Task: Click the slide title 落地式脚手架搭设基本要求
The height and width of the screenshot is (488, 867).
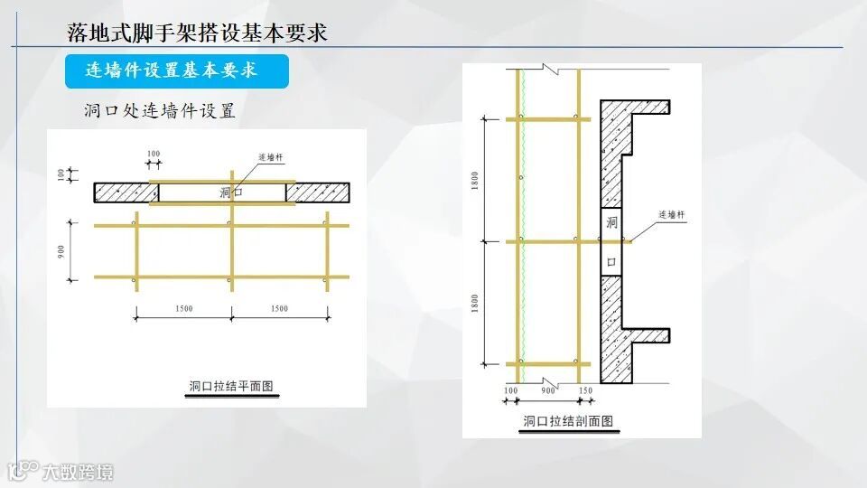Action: pos(197,33)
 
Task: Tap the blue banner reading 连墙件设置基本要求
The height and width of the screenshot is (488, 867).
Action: pos(176,70)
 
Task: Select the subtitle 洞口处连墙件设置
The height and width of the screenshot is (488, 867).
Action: pos(158,112)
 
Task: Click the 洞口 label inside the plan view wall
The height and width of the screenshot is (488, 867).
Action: pos(230,192)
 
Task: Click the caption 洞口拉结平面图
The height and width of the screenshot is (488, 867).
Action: pos(230,386)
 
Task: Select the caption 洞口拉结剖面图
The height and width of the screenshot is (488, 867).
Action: pos(568,420)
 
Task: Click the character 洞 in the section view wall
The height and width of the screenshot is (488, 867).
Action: pos(611,222)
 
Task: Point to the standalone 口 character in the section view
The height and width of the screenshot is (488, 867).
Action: pos(611,262)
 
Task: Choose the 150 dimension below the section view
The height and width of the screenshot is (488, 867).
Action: pos(584,390)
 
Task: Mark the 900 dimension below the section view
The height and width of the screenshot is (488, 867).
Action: pos(548,390)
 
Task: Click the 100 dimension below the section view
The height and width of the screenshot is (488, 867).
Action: pos(511,390)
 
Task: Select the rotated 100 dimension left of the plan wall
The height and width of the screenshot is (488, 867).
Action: pos(62,174)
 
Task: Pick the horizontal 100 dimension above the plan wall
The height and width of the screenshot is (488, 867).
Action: pos(153,154)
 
